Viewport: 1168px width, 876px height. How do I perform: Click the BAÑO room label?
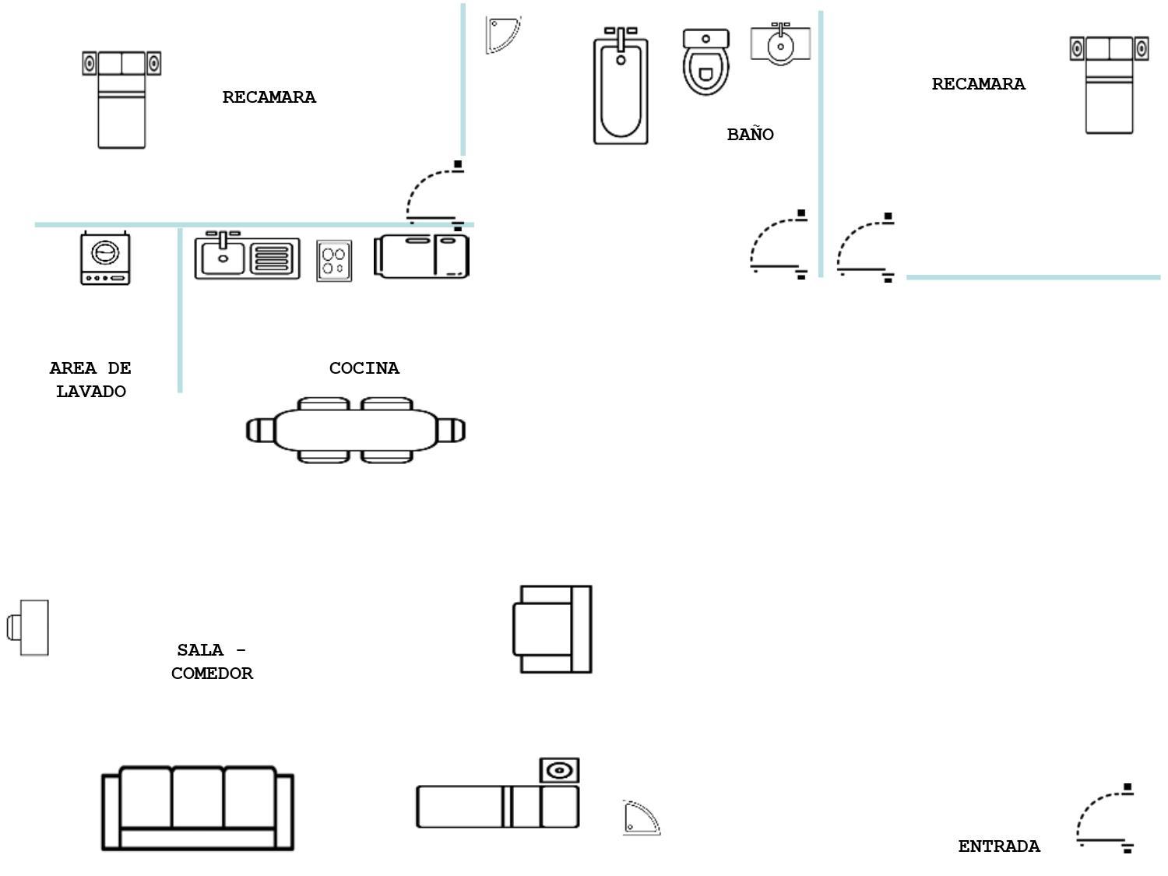pyautogui.click(x=750, y=135)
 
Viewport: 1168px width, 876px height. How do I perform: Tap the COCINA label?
pyautogui.click(x=364, y=368)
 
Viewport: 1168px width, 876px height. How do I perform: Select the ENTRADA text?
pyautogui.click(x=998, y=846)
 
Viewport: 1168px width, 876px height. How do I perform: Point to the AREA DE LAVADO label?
pyautogui.click(x=90, y=380)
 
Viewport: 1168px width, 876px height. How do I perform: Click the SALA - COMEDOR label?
pyautogui.click(x=212, y=662)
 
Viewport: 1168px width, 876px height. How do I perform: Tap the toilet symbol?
pyautogui.click(x=705, y=62)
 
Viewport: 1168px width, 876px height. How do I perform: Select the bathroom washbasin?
pyautogui.click(x=780, y=44)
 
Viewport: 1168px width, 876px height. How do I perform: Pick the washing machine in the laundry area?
pyautogui.click(x=105, y=258)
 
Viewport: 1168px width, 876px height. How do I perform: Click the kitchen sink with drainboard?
pyautogui.click(x=247, y=257)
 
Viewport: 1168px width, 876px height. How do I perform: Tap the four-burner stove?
pyautogui.click(x=334, y=261)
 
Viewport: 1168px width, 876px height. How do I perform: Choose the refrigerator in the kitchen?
pyautogui.click(x=421, y=255)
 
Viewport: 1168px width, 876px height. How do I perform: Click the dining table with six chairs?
pyautogui.click(x=356, y=431)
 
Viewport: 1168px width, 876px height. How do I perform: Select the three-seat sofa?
pyautogui.click(x=198, y=809)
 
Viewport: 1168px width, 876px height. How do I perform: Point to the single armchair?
pyautogui.click(x=552, y=629)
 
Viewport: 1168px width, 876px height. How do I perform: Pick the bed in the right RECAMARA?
pyautogui.click(x=1109, y=85)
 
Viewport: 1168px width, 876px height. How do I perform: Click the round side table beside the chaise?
pyautogui.click(x=560, y=771)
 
